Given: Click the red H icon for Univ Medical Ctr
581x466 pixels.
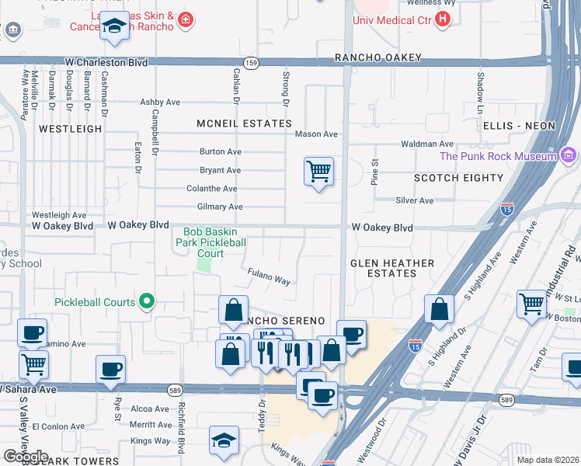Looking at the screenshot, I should pyautogui.click(x=443, y=19).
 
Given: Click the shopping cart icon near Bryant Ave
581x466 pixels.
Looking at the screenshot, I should pyautogui.click(x=318, y=171).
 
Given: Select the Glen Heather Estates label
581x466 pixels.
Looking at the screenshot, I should pyautogui.click(x=392, y=268).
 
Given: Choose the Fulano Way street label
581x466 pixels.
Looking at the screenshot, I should pyautogui.click(x=269, y=276).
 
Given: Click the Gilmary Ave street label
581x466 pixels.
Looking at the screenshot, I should pyautogui.click(x=221, y=207).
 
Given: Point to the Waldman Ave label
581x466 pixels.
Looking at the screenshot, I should pyautogui.click(x=427, y=144).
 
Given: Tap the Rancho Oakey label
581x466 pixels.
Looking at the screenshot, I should pyautogui.click(x=377, y=57).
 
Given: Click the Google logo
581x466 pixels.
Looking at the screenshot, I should pyautogui.click(x=26, y=456).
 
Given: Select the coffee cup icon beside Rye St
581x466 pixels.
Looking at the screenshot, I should pyautogui.click(x=110, y=370).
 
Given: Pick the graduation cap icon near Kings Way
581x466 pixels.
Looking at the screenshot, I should pyautogui.click(x=224, y=440).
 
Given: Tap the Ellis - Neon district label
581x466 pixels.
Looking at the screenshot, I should pyautogui.click(x=519, y=126).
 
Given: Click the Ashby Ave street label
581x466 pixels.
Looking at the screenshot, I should pyautogui.click(x=160, y=102).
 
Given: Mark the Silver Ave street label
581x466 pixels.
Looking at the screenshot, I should pyautogui.click(x=415, y=200).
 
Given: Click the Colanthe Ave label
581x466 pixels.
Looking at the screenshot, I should pyautogui.click(x=212, y=189).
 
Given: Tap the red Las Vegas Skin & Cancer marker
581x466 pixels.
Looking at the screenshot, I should pyautogui.click(x=185, y=19).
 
